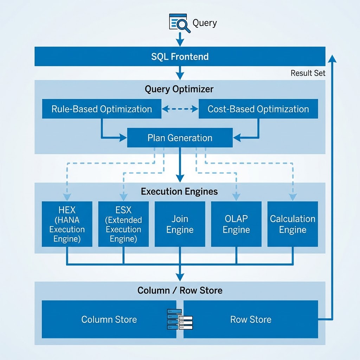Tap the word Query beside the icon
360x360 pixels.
click(x=205, y=23)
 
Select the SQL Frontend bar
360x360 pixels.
click(x=180, y=56)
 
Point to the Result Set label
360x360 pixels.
click(x=308, y=73)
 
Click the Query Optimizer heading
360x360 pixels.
click(x=179, y=89)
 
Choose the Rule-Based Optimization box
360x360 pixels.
click(x=102, y=109)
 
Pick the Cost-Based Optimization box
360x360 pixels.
click(x=258, y=109)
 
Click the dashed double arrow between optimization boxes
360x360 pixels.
click(x=180, y=109)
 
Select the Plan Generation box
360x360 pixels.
click(x=180, y=137)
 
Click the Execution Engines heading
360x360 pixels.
click(x=179, y=192)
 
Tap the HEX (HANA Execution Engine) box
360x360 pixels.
click(x=67, y=224)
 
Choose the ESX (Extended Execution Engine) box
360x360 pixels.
click(x=123, y=224)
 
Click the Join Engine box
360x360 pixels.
click(x=180, y=224)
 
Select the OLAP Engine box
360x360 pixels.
click(x=236, y=224)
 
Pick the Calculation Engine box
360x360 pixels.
click(x=292, y=224)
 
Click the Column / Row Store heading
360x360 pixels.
click(x=180, y=290)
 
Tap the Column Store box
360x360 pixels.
click(x=109, y=319)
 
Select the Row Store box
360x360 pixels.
click(x=251, y=319)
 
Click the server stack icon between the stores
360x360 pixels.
click(x=180, y=319)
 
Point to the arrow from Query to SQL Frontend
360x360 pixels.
click(x=180, y=39)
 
